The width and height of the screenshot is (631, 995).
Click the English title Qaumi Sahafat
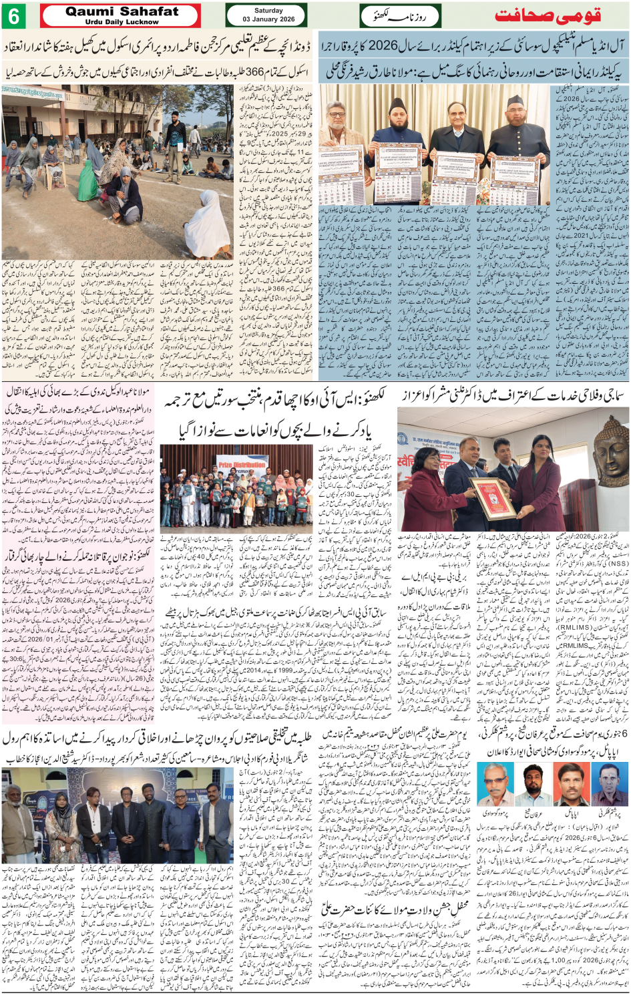point(122,11)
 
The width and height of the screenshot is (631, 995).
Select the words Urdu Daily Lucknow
point(122,22)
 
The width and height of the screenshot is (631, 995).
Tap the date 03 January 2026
point(268,19)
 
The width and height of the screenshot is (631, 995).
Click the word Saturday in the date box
point(268,11)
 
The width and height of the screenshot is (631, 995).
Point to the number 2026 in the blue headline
point(383,47)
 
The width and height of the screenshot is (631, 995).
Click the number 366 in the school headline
point(254,71)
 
